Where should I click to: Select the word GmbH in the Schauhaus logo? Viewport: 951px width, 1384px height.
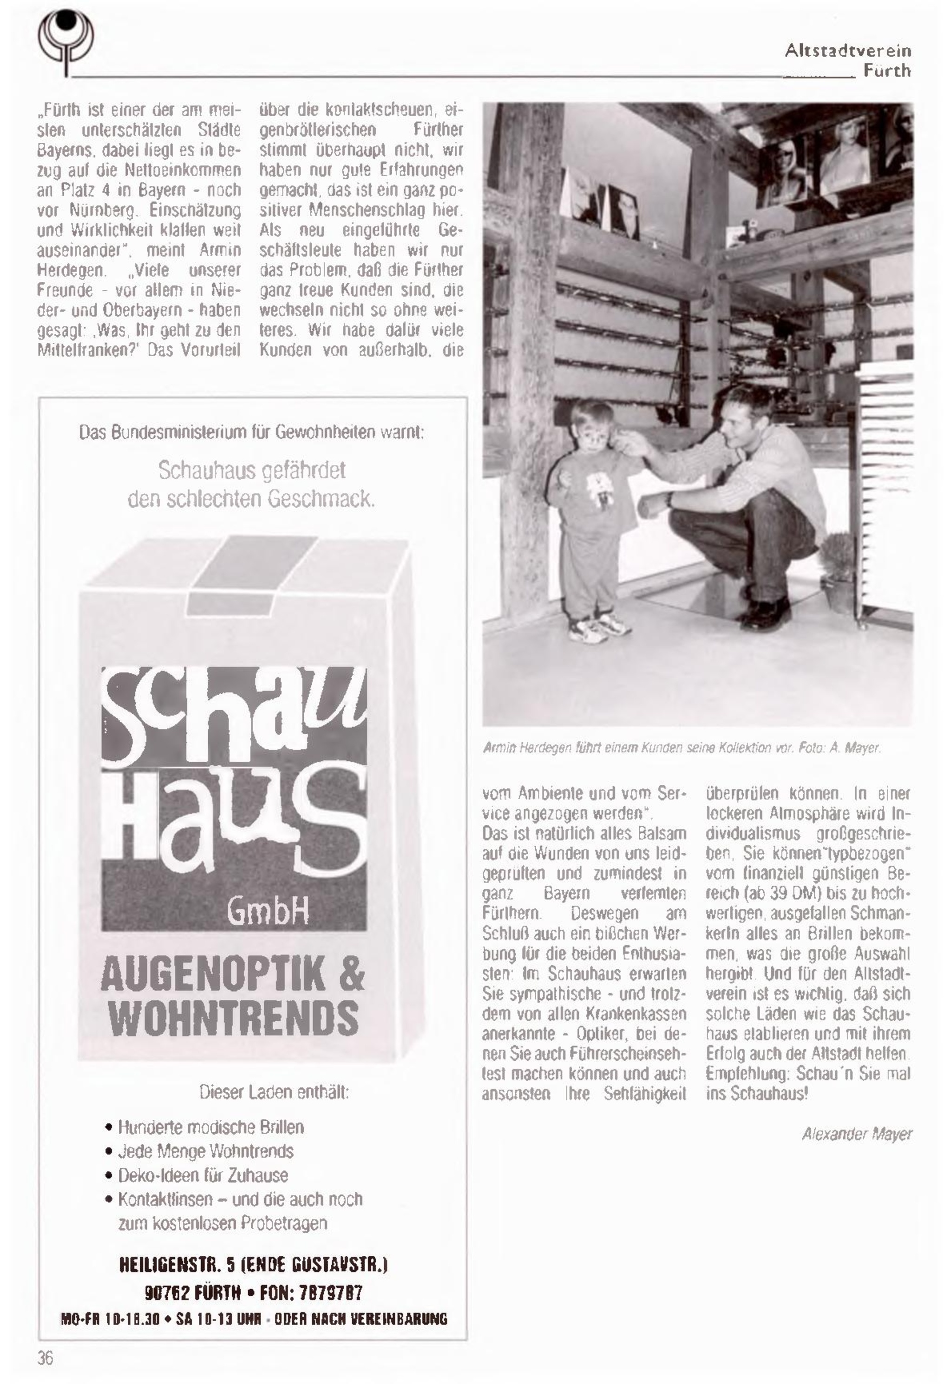[268, 912]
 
